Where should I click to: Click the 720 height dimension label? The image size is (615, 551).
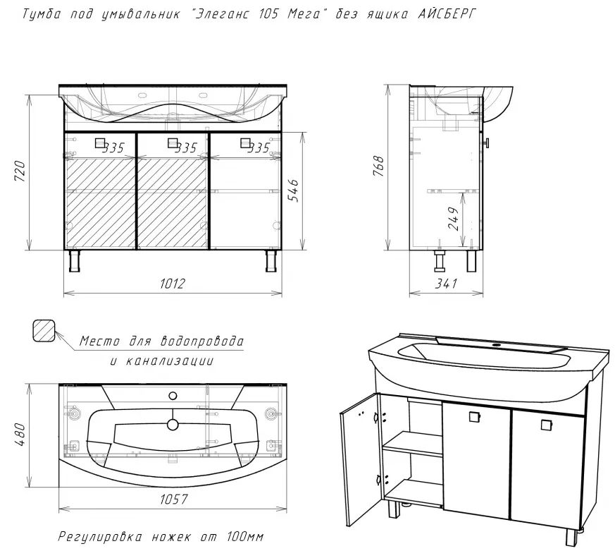[x=20, y=171]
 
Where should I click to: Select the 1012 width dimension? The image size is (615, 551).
[x=172, y=283]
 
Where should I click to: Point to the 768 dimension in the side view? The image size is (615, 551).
[x=379, y=166]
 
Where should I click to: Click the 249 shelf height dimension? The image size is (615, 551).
[x=453, y=219]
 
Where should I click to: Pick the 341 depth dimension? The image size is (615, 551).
[x=445, y=283]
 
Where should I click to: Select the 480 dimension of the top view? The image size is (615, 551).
[x=20, y=435]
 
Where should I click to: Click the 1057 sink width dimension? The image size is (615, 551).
[x=174, y=499]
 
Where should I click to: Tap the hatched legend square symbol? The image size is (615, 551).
[x=43, y=330]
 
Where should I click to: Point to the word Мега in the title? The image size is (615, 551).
[x=304, y=14]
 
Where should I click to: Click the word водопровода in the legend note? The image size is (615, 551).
[x=202, y=341]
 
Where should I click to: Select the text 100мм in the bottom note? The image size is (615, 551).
[x=244, y=536]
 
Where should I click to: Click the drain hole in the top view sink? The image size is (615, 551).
[x=173, y=424]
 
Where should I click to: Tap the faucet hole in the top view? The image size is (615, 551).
[x=173, y=396]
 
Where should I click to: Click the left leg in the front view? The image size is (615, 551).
[x=75, y=261]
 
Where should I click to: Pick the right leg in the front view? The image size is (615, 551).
[x=271, y=261]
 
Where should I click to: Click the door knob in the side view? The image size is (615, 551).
[x=486, y=143]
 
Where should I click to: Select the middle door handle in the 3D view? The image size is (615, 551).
[x=475, y=416]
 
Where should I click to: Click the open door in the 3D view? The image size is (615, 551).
[x=361, y=459]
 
